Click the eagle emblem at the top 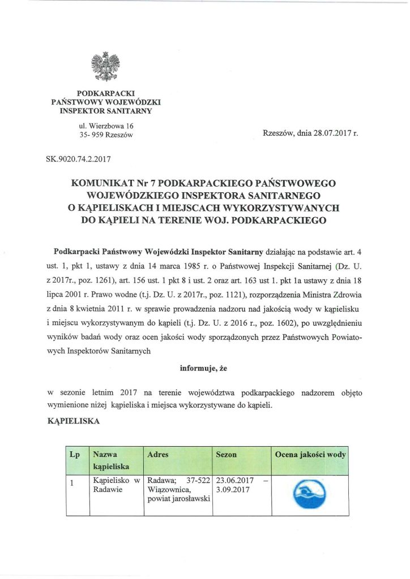[106, 66]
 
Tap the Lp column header [74, 455]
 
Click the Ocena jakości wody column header [310, 455]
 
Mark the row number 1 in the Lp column [72, 482]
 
